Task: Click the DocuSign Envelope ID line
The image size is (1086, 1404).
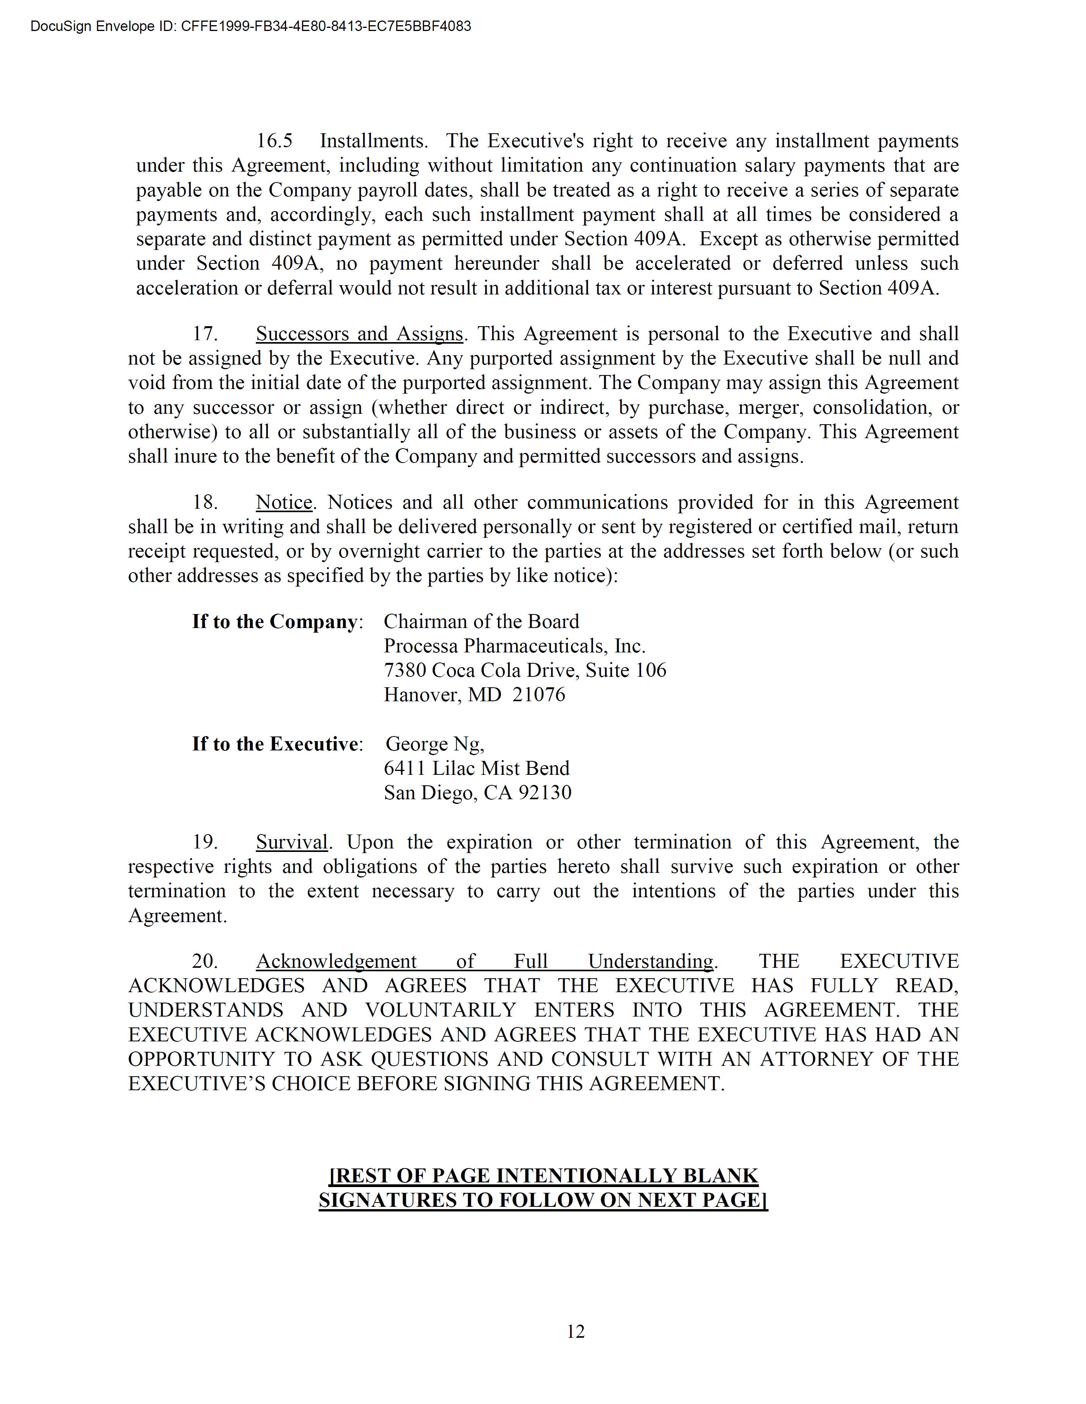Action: (251, 26)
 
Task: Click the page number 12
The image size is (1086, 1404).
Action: (576, 1331)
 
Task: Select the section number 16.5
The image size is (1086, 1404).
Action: (274, 141)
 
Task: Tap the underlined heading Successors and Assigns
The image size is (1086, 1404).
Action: (359, 334)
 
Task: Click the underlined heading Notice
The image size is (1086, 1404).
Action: (284, 502)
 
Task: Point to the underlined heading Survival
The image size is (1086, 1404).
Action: (291, 842)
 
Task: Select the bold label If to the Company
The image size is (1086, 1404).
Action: (274, 622)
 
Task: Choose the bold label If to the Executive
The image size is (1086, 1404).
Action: (274, 744)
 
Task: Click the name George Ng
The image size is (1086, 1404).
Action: (434, 744)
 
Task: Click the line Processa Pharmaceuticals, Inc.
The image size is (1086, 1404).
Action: (514, 646)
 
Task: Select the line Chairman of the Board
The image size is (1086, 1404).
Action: (481, 622)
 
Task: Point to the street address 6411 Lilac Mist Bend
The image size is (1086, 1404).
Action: (476, 768)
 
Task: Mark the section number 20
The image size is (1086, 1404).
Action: (205, 961)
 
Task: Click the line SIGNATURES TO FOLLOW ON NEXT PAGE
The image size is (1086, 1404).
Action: (543, 1200)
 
